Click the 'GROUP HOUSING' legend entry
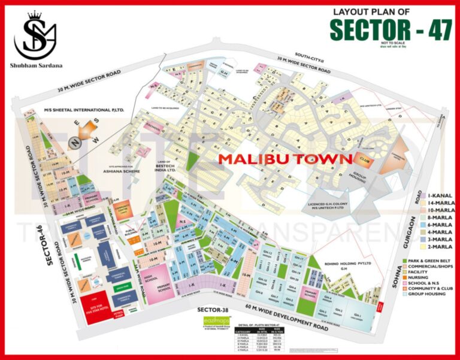click(x=430, y=294)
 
